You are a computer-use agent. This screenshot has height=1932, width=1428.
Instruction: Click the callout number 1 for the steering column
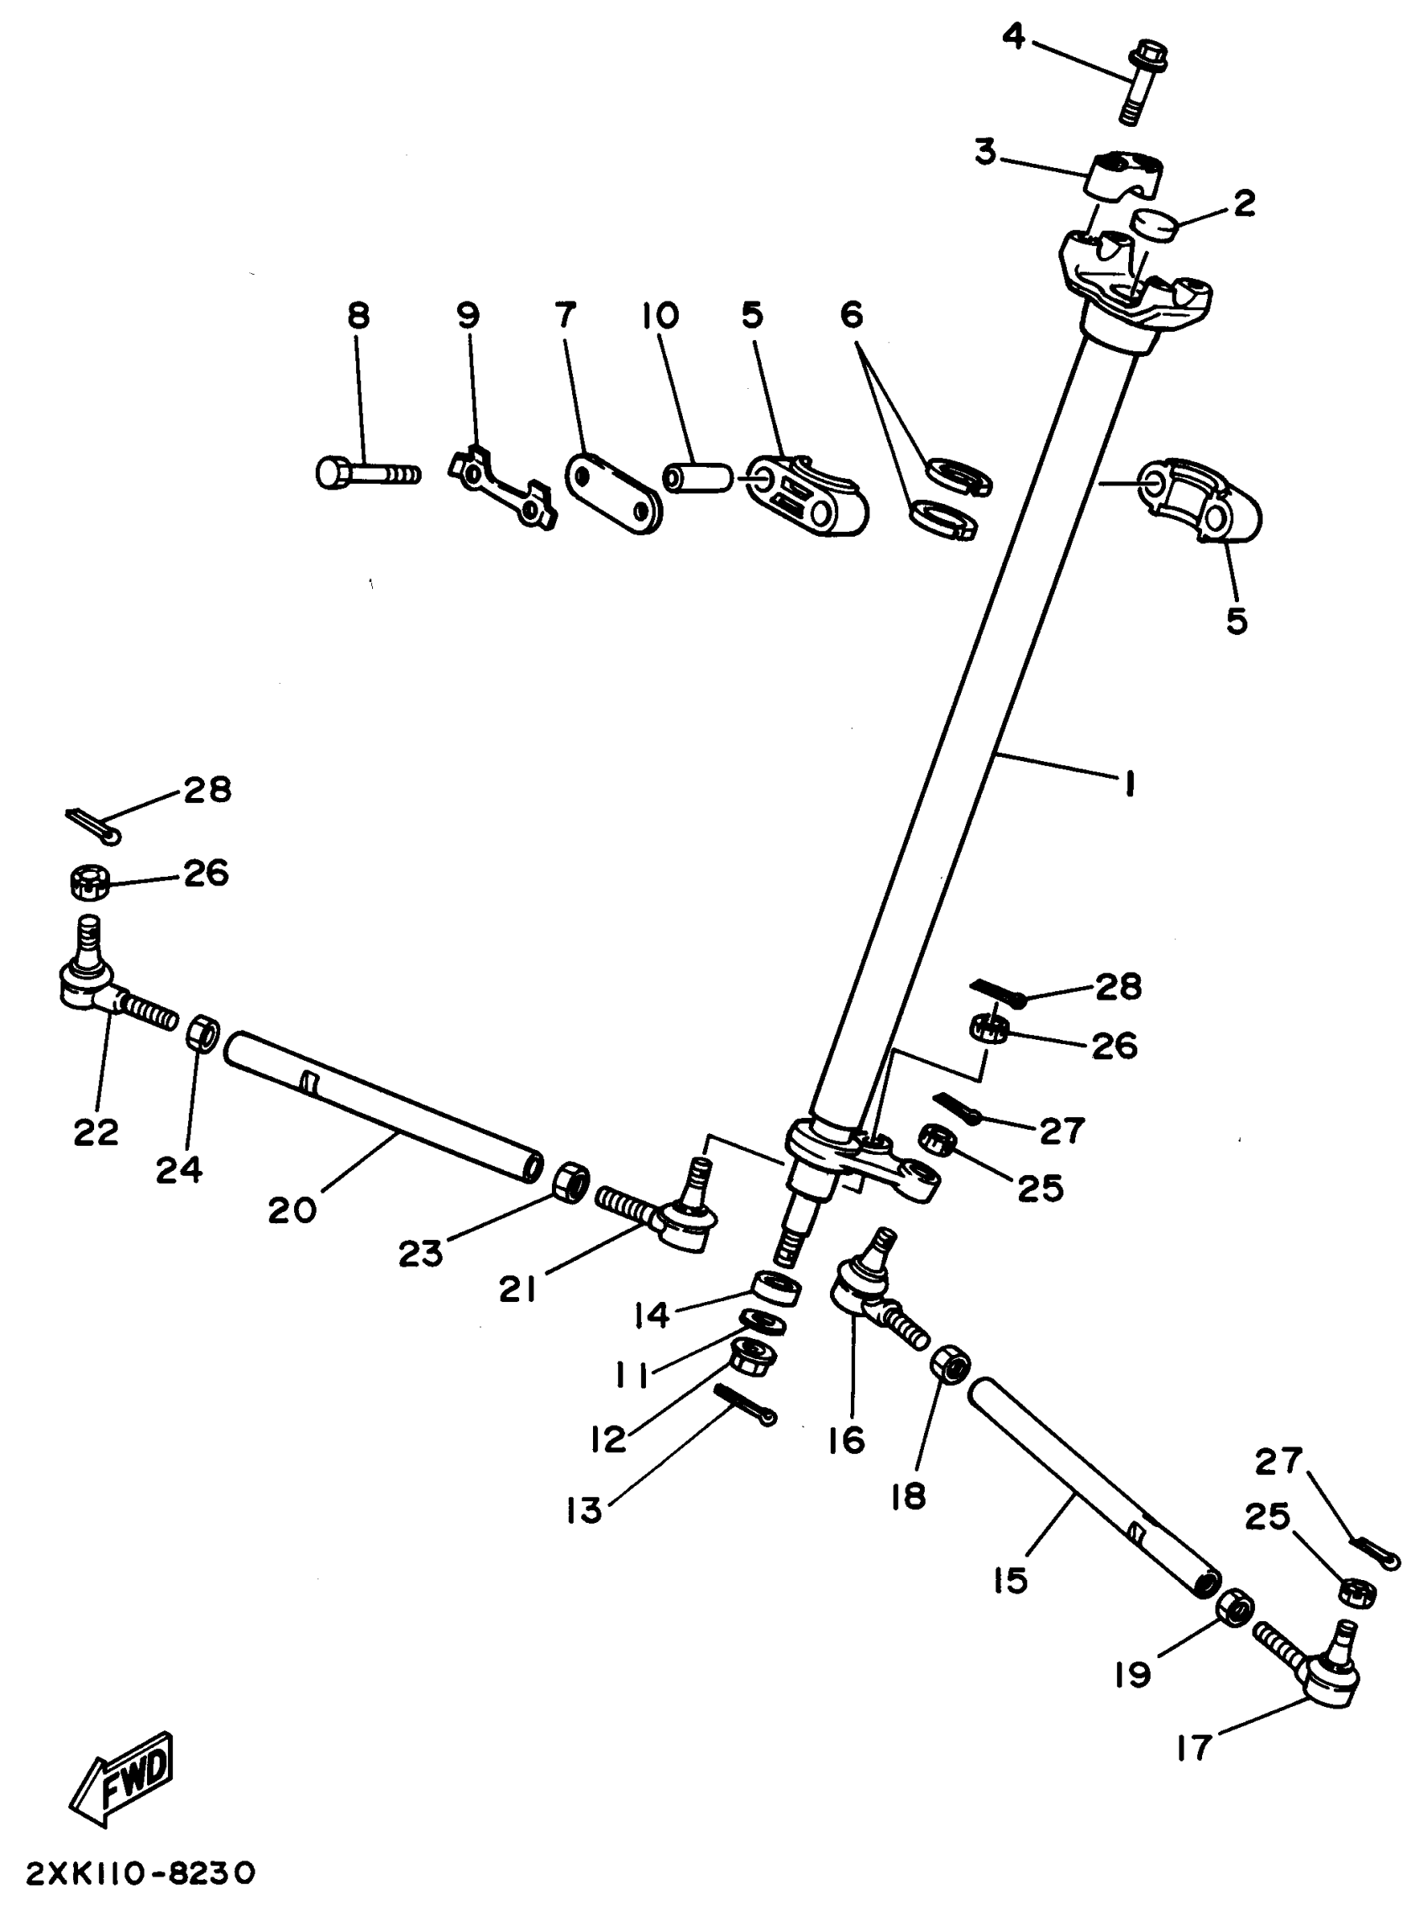point(1128,784)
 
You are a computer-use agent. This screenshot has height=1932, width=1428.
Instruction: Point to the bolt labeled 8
point(367,474)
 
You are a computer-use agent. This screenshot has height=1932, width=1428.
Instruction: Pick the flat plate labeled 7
point(613,494)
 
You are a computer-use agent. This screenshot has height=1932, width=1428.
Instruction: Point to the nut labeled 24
point(202,1032)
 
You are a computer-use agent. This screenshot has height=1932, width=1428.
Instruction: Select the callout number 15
point(1011,1580)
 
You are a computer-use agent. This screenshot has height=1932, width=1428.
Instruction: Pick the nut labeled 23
point(570,1181)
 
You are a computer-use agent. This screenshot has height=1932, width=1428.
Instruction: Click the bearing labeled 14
point(775,1288)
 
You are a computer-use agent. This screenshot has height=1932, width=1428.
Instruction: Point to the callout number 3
point(986,152)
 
